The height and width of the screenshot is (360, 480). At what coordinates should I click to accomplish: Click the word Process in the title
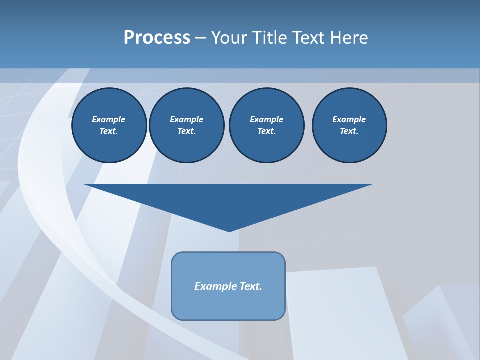point(157,38)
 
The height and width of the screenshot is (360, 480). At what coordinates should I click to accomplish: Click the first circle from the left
point(109,125)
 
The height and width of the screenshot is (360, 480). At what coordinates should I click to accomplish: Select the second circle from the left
point(186,125)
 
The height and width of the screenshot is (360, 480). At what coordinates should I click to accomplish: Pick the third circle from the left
point(266,125)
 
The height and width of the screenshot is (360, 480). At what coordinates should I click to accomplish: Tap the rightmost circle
point(349,125)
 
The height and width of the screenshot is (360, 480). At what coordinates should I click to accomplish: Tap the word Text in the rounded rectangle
point(250,286)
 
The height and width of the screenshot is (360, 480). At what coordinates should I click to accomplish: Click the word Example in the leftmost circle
point(109,119)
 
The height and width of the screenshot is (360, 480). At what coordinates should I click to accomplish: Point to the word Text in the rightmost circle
point(349,131)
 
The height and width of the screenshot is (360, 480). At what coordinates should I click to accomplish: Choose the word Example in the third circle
point(266,119)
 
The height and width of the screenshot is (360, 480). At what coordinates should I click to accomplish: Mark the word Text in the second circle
point(186,131)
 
